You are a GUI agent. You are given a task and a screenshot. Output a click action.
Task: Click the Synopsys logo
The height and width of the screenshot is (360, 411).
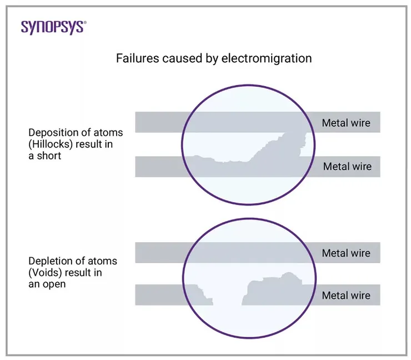pyautogui.click(x=53, y=27)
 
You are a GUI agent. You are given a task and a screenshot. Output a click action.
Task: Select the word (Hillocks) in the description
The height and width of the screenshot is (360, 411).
pyautogui.click(x=51, y=144)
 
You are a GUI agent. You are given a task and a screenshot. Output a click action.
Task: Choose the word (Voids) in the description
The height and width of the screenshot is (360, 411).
pyautogui.click(x=46, y=272)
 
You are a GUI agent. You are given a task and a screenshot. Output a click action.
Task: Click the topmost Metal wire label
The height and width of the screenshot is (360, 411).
pyautogui.click(x=346, y=122)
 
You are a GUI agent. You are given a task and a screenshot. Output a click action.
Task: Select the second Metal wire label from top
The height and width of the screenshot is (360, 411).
pyautogui.click(x=347, y=166)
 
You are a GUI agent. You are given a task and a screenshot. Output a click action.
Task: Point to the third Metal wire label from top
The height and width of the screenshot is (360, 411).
pyautogui.click(x=346, y=253)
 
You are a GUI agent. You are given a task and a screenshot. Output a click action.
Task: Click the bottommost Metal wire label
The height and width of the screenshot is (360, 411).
pyautogui.click(x=346, y=296)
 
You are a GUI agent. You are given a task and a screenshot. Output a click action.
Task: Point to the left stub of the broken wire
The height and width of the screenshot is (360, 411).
pyautogui.click(x=167, y=294)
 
